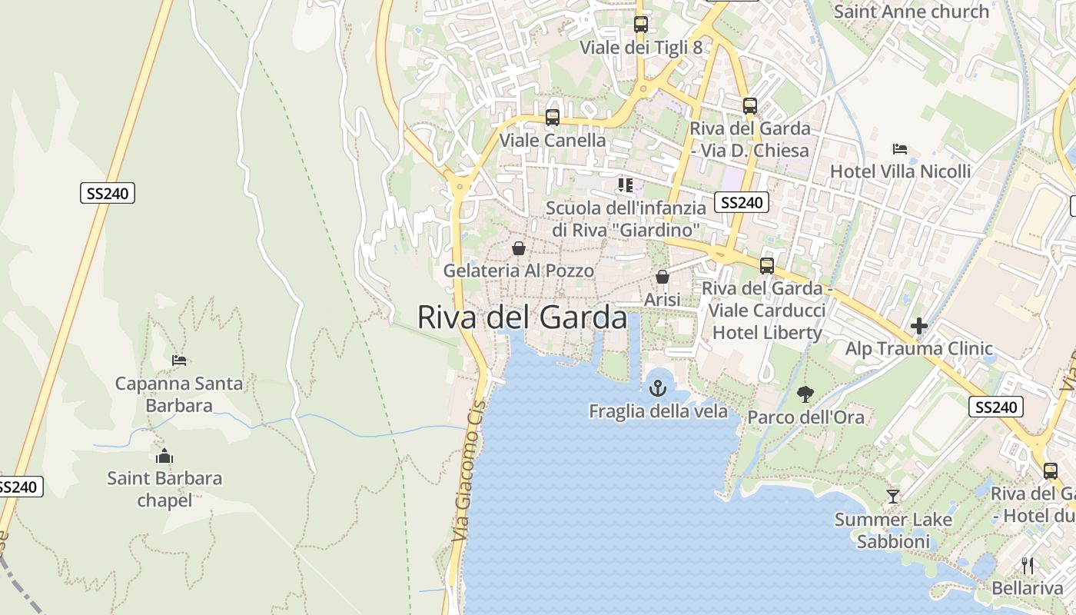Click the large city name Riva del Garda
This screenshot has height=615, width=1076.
522,317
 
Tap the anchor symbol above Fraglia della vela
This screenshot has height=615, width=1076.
657,388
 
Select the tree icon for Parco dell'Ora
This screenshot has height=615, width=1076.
805,394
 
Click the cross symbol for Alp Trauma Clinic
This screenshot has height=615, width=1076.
918,327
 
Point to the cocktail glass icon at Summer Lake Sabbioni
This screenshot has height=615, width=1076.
892,497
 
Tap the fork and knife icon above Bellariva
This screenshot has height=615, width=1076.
1028,566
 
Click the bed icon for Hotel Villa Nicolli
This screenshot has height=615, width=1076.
900,148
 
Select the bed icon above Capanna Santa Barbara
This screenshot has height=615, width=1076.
179,360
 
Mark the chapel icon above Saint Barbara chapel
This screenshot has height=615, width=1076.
164,456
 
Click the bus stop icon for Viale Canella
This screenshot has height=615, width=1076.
552,118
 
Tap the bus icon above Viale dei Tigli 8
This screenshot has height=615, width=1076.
640,25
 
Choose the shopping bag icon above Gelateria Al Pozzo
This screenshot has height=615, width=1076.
519,248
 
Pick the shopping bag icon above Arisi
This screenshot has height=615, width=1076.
662,277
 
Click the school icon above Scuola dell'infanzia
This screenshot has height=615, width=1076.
626,185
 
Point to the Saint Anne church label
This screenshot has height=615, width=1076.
911,12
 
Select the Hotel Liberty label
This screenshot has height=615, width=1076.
767,333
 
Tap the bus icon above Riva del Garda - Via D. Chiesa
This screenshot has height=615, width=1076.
749,106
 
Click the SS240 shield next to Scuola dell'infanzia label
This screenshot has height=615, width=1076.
741,202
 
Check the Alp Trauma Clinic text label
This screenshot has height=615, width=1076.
918,348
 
